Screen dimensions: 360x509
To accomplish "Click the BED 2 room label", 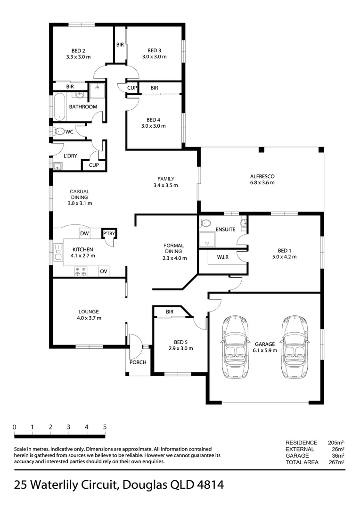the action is (78, 50).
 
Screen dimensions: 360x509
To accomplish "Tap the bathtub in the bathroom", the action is (59, 107).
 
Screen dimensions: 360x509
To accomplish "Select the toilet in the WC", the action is (59, 131).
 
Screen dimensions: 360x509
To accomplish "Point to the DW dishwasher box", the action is (84, 233).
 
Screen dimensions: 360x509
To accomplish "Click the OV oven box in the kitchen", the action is (104, 271).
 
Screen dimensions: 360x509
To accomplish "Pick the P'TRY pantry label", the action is (109, 233).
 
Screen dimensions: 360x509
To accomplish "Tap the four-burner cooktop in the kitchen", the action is (81, 271).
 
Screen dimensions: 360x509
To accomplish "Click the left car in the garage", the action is (236, 347).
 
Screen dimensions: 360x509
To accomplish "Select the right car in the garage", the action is (295, 347).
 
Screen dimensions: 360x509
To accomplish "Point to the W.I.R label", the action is (223, 257).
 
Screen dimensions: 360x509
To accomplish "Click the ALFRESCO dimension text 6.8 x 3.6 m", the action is (262, 182).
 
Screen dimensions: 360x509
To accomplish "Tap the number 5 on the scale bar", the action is (105, 427).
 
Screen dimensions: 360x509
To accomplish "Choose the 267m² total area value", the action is (336, 462).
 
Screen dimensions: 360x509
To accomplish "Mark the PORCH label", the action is (138, 362).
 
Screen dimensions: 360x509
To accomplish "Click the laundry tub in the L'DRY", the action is (58, 166).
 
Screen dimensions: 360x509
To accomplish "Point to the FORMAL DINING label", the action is (173, 248).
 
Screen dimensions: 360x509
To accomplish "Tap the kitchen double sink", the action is (58, 252).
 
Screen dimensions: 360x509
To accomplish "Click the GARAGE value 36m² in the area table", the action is (338, 456).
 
